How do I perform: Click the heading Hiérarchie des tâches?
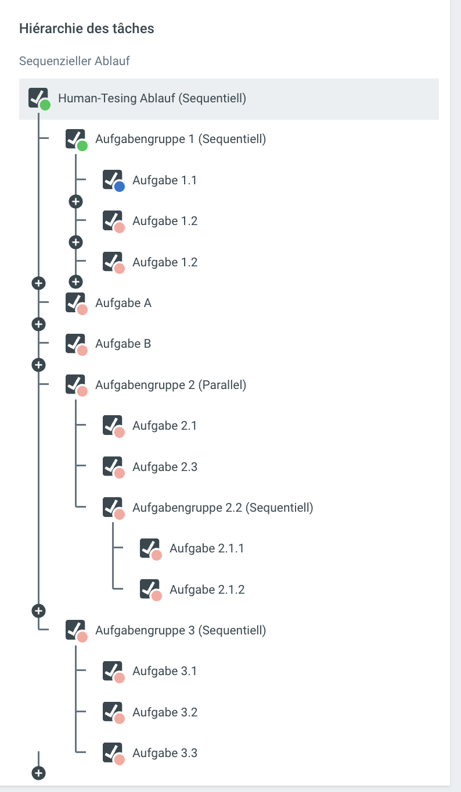87,28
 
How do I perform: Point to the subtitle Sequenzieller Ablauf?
75,61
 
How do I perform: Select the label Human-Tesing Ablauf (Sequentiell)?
152,98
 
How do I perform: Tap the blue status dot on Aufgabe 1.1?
120,187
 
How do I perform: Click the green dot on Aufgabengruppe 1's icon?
82,146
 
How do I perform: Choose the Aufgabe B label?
123,344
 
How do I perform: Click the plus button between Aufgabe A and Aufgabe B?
38,323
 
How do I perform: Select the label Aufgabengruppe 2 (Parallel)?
171,385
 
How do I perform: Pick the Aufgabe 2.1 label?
164,426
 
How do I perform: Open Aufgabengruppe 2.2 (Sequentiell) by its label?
222,508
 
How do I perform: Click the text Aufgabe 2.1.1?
207,548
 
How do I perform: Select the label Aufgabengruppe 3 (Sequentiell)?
181,630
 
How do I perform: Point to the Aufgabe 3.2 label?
165,712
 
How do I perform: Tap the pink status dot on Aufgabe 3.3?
120,759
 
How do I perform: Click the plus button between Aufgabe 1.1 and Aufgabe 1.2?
75,201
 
